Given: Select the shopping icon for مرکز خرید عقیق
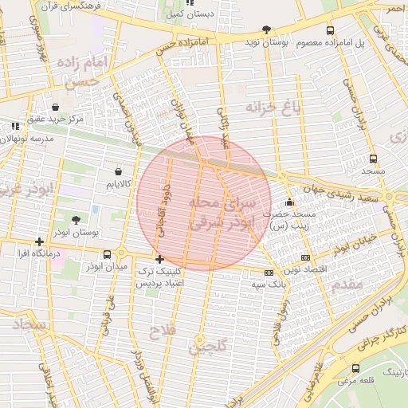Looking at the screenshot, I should tap(55, 107).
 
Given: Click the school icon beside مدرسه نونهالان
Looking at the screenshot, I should tap(15, 126).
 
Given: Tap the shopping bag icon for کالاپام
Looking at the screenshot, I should tap(119, 171).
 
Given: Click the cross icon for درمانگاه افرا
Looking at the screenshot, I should tap(39, 241).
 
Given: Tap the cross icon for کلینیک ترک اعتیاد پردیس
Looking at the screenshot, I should tap(160, 259).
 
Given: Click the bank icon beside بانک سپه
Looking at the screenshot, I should tap(269, 273).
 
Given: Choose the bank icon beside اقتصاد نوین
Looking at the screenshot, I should tap(305, 258).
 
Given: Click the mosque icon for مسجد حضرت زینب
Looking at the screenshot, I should tap(289, 202).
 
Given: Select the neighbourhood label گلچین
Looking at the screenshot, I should tap(209, 346).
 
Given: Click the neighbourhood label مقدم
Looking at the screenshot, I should tap(345, 284).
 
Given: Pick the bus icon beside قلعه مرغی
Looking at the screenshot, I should tap(355, 368).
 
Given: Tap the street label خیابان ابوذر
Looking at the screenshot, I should tap(355, 245).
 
